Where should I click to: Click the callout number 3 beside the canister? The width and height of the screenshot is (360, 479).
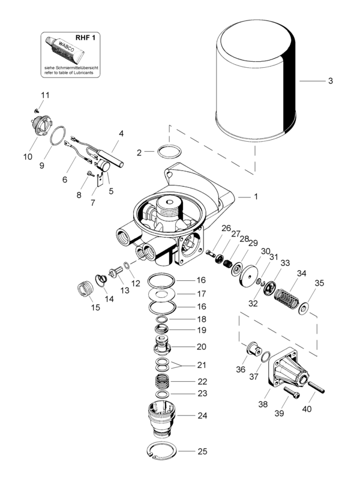coord(329,80)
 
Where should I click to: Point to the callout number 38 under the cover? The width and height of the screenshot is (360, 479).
coord(262,405)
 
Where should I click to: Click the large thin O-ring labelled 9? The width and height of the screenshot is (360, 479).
coord(58,136)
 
